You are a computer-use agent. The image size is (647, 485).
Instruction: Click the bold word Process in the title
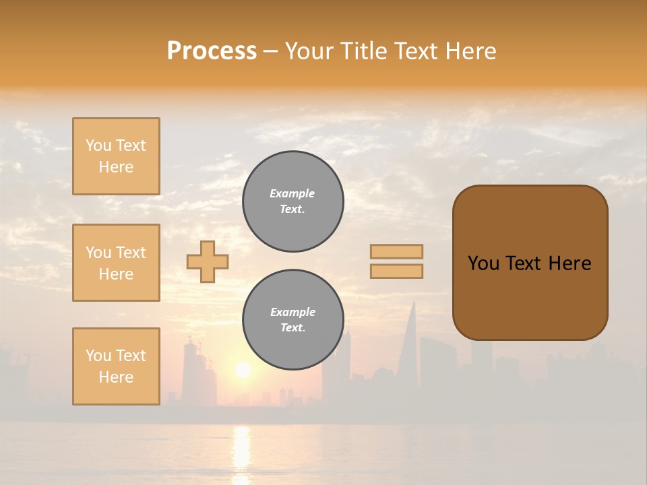tap(212, 51)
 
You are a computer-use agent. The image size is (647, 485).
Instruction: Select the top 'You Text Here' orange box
tap(116, 156)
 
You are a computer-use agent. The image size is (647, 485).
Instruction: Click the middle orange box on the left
tap(116, 263)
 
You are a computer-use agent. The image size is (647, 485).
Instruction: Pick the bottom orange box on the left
tap(116, 366)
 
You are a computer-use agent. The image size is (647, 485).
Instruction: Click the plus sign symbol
tap(208, 261)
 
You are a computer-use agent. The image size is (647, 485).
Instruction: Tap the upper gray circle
tap(292, 201)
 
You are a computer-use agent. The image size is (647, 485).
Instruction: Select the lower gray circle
tap(292, 320)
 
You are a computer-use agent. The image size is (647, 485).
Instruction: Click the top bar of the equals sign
tap(396, 251)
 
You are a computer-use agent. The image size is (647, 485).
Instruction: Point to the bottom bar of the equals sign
tap(396, 271)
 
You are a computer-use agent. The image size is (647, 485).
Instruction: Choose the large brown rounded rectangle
tap(530, 263)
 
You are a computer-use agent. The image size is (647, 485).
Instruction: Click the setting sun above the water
tap(243, 370)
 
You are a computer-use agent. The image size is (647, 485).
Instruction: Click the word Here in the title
tap(470, 51)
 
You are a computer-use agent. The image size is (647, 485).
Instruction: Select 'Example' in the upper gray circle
tap(292, 193)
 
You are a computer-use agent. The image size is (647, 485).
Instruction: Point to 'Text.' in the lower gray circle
tap(292, 328)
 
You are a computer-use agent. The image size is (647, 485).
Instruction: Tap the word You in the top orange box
tap(98, 145)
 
